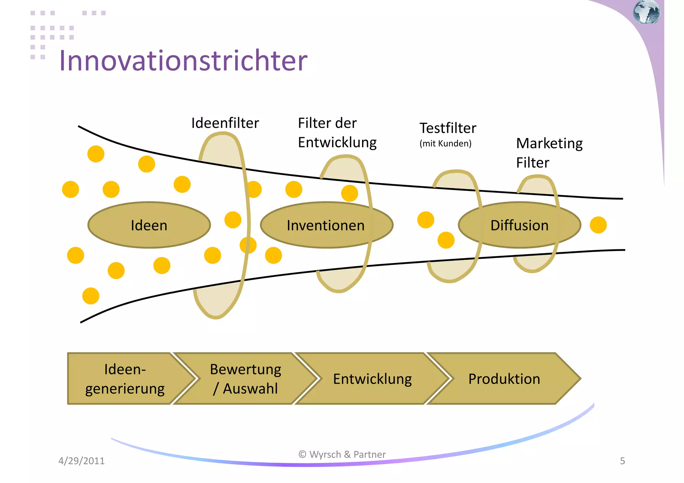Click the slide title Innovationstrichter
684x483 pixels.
pos(183,61)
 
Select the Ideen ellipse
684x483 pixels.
pos(149,225)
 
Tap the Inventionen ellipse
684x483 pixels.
pos(326,225)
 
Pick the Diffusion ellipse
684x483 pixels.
pos(519,225)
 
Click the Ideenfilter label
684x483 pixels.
pos(225,123)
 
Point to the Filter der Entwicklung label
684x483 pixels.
pos(337,133)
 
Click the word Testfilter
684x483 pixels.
pos(448,128)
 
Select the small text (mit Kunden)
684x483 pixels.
pos(445,144)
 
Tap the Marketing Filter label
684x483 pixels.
pos(549,153)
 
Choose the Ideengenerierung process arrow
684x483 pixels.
pos(125,379)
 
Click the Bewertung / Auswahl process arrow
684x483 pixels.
pos(245,379)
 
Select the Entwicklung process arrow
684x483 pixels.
pos(372,379)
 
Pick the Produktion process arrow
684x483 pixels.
pos(504,379)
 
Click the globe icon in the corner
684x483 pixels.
pos(646,12)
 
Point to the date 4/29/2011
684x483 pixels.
pos(81,461)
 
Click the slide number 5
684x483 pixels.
pos(622,461)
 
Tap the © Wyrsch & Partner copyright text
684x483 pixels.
pos(342,454)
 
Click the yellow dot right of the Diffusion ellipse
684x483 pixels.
pos(598,225)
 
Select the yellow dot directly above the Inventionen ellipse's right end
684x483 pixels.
pos(350,193)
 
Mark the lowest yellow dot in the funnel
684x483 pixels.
pos(91,296)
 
